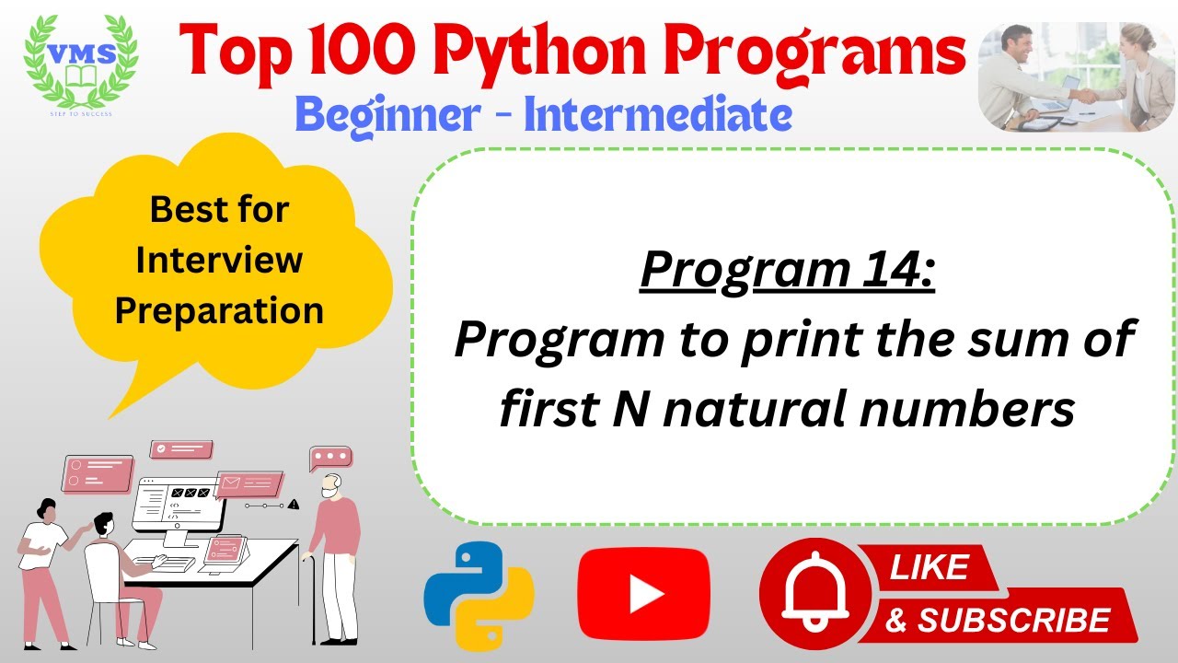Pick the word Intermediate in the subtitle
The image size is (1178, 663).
(658, 115)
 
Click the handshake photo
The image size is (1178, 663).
(1076, 76)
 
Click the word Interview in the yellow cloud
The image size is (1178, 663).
(219, 260)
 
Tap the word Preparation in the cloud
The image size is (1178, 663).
(219, 310)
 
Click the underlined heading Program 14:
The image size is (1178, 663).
(787, 270)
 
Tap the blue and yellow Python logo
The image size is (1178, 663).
(479, 596)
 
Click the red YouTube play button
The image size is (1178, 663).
(643, 595)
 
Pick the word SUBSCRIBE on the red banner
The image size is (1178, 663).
(1012, 620)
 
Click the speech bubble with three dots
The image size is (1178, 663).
(330, 457)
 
